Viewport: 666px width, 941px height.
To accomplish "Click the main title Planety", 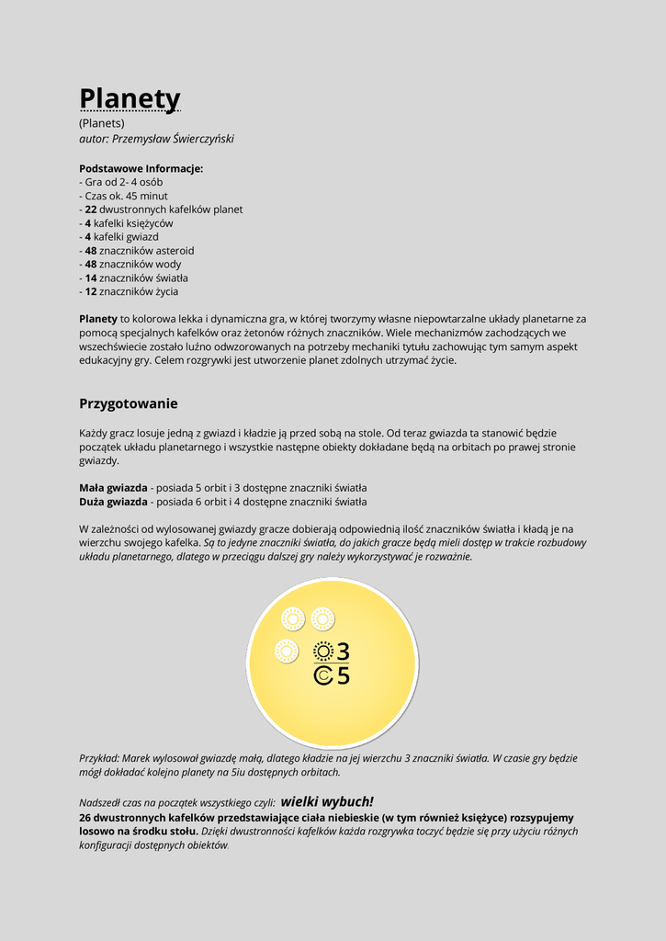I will pyautogui.click(x=130, y=98).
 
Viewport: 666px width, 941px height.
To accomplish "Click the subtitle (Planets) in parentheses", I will pyautogui.click(x=102, y=123).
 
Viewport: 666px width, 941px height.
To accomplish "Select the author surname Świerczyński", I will pyautogui.click(x=197, y=139).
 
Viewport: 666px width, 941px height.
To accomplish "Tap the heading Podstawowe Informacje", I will pyautogui.click(x=141, y=168).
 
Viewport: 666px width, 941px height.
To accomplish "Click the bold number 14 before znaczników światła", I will pyautogui.click(x=91, y=278).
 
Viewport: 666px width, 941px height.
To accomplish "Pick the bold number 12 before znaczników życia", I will pyautogui.click(x=91, y=291).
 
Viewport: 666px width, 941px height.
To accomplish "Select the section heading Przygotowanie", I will pyautogui.click(x=129, y=403).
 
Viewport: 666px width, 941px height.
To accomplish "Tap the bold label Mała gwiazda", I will pyautogui.click(x=113, y=487).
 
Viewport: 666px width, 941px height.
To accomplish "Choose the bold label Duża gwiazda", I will pyautogui.click(x=113, y=502).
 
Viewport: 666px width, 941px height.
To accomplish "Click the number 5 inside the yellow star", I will pyautogui.click(x=343, y=676).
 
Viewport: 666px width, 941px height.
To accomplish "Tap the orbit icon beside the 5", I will pyautogui.click(x=322, y=676).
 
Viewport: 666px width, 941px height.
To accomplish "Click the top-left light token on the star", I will pyautogui.click(x=293, y=618).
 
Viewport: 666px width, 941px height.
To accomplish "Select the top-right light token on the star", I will pyautogui.click(x=322, y=618).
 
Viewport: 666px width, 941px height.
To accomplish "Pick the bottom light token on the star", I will pyautogui.click(x=287, y=652).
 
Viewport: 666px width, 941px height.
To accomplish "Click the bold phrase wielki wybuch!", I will pyautogui.click(x=326, y=801).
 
